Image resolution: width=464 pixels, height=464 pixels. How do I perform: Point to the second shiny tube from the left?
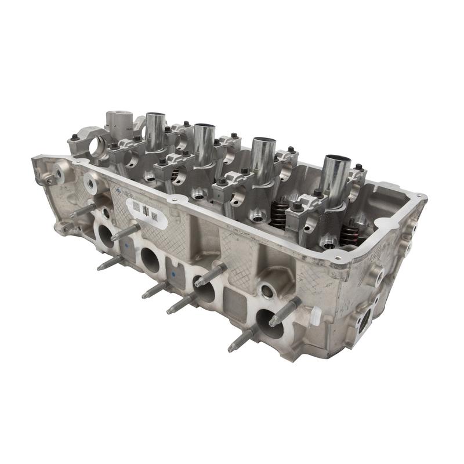coord(204,144)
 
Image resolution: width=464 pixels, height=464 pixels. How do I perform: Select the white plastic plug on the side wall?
coord(316,316)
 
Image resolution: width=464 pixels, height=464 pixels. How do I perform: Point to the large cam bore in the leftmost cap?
coord(95,148)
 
